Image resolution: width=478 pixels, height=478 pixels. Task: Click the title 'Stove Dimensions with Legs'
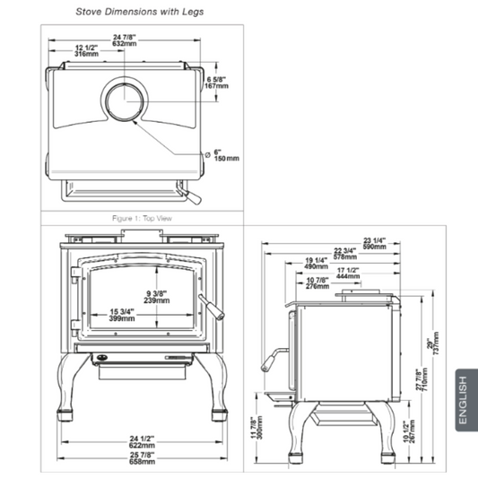pos(140,12)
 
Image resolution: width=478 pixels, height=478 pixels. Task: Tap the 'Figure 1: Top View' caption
pos(142,218)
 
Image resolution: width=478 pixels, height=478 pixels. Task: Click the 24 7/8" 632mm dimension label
pos(125,40)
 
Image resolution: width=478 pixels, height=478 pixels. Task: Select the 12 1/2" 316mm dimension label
pos(87,50)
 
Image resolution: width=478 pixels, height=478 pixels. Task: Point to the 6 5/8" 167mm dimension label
pos(216,83)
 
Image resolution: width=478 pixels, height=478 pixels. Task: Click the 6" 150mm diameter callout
pos(222,155)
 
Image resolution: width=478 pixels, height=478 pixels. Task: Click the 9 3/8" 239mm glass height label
pos(157,297)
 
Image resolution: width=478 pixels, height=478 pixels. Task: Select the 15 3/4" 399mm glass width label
pos(122,315)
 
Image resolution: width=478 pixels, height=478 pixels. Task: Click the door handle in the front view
pos(213,308)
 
